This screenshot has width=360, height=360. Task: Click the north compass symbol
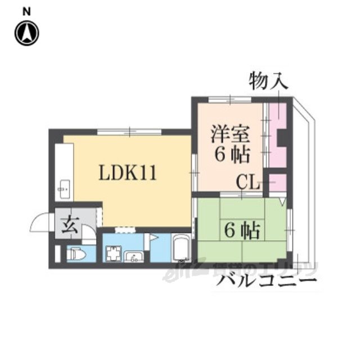[x=26, y=33]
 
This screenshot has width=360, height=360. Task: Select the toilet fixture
[x=76, y=255]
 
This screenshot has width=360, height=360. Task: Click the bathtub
[x=182, y=248]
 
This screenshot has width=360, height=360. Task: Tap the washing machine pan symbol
[x=113, y=254]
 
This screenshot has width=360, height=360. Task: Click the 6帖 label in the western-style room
[x=232, y=153]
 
